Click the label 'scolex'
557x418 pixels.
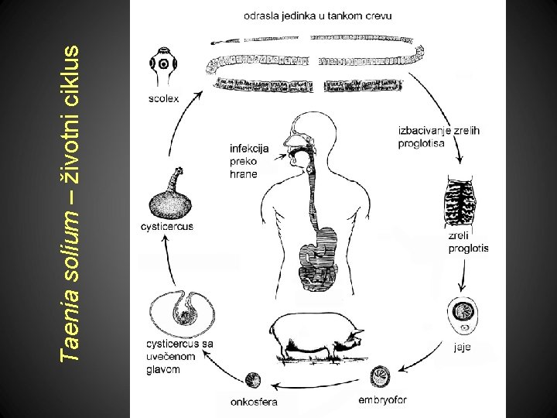coord(164,98)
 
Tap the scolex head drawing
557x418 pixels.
coord(165,66)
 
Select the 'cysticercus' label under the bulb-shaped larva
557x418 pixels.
coord(167,227)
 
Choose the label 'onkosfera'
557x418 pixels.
coord(254,402)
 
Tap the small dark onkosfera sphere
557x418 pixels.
coord(252,381)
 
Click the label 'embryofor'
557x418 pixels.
coord(382,400)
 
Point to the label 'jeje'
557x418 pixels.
coord(462,348)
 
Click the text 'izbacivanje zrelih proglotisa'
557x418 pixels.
coord(438,137)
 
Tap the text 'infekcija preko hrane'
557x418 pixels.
coord(248,160)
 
